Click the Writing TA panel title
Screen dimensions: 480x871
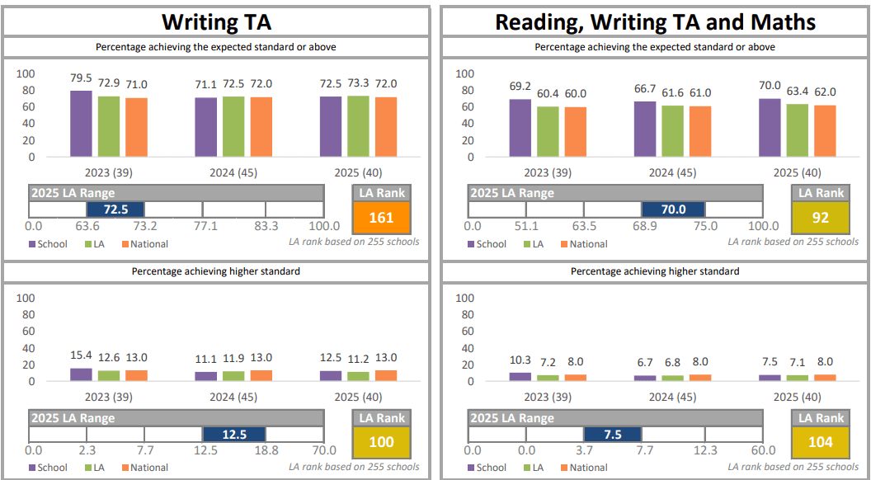[x=215, y=21]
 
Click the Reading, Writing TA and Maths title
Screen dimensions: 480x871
[x=655, y=21]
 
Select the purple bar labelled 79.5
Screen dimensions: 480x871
[x=81, y=123]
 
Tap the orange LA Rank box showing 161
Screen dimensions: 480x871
[x=381, y=218]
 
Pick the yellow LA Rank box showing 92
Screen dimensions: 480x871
[x=820, y=218]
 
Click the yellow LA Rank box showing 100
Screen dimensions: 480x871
[x=381, y=442]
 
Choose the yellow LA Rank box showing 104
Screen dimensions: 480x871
[x=820, y=442]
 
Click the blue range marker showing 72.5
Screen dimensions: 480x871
[x=115, y=209]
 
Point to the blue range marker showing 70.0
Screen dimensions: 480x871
[x=673, y=209]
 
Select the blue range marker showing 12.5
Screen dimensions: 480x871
[x=234, y=434]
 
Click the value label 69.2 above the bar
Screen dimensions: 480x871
[x=520, y=85]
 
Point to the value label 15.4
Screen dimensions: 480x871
[x=81, y=356]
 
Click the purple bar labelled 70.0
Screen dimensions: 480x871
[x=770, y=127]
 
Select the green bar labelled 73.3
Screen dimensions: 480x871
[x=359, y=126]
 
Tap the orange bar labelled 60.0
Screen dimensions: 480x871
[x=576, y=132]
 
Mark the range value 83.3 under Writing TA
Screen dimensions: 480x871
[x=266, y=226]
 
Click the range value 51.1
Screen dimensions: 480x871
[x=526, y=226]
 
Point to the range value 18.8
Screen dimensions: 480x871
[x=266, y=450]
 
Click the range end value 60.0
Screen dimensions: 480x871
[x=763, y=450]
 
